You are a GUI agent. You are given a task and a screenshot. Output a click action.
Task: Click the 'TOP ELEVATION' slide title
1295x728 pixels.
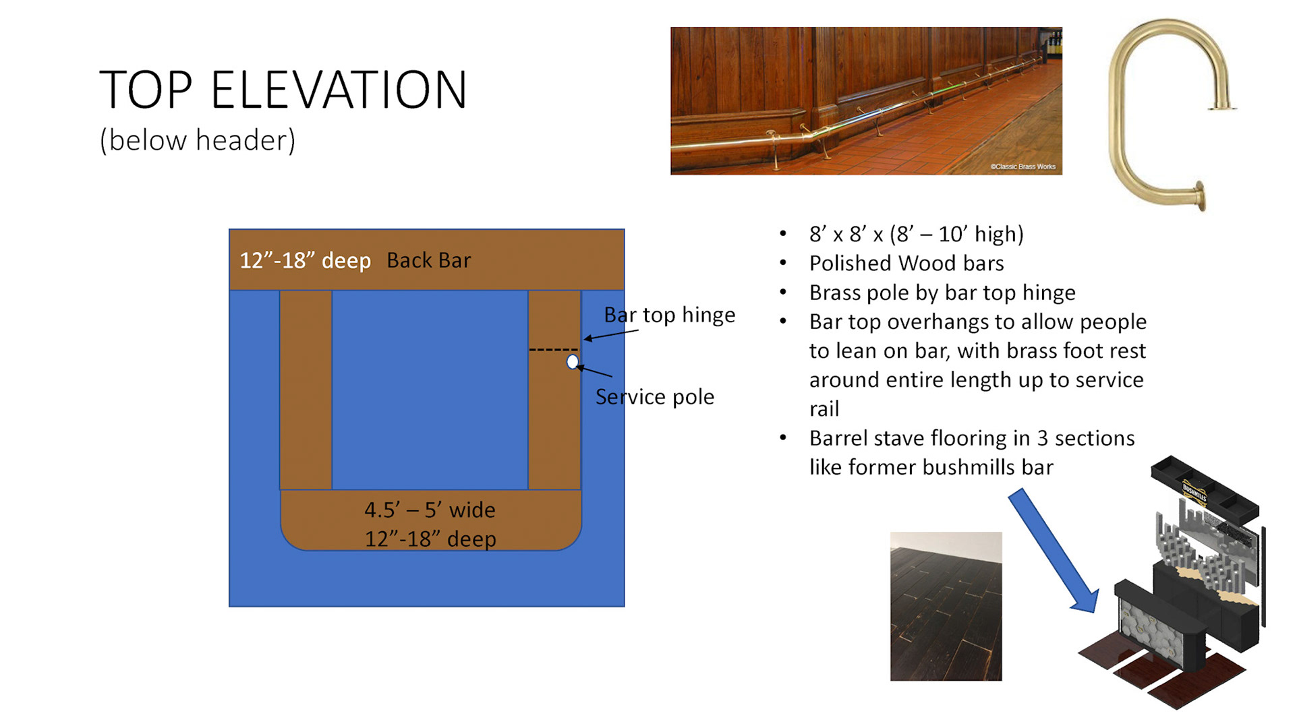tap(283, 90)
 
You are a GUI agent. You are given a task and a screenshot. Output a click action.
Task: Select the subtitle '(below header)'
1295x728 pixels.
tap(198, 140)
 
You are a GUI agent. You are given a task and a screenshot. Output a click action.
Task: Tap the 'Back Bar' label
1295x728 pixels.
tap(428, 260)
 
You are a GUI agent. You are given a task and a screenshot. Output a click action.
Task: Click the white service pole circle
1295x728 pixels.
tap(573, 362)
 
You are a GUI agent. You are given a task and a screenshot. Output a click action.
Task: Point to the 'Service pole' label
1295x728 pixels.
tap(654, 397)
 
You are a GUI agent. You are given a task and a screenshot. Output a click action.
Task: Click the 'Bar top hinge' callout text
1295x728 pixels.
tap(669, 315)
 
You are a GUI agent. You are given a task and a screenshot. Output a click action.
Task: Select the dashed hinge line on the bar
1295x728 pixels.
tap(553, 350)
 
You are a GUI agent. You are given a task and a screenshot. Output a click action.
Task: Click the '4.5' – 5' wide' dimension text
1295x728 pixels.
tap(430, 510)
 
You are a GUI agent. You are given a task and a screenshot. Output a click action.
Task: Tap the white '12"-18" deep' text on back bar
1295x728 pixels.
tap(305, 260)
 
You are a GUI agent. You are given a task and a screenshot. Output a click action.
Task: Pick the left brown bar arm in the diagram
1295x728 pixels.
tap(306, 390)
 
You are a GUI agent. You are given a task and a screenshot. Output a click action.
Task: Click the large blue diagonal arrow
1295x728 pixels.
tap(1054, 551)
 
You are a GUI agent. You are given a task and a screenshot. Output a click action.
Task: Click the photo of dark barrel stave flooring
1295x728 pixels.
tap(946, 606)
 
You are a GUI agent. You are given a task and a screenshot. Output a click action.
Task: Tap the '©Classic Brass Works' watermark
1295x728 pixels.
tap(1023, 166)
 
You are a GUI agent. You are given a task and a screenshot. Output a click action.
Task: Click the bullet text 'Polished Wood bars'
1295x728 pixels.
tap(906, 263)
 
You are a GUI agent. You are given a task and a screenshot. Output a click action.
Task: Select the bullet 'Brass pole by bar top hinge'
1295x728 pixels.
tap(942, 293)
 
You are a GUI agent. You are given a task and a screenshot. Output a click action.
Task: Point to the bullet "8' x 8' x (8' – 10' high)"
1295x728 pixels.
tap(917, 234)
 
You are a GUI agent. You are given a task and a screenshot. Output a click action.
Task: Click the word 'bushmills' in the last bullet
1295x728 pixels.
tap(969, 467)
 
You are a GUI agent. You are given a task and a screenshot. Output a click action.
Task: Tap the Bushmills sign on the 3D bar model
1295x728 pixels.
tap(1195, 493)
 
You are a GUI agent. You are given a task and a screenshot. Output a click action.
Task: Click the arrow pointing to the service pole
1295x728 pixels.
tap(594, 371)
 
